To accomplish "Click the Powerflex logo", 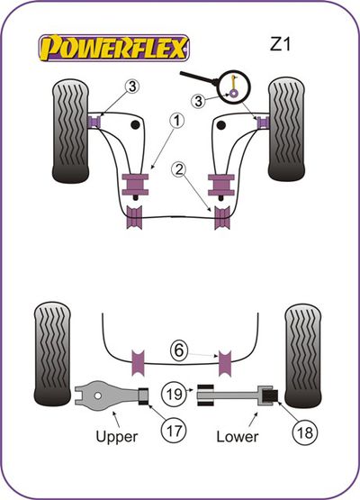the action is click(113, 48).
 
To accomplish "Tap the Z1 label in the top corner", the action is click(281, 44).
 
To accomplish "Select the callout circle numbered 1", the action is click(176, 122).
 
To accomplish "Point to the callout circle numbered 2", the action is click(179, 169).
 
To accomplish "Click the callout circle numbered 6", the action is click(179, 350).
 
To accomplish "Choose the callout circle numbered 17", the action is click(174, 432).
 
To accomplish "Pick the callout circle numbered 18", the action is click(304, 433).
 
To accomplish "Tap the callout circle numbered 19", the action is click(174, 394).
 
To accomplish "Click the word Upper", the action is click(117, 437).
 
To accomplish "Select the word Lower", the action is click(238, 436).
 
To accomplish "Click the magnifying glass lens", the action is click(236, 86).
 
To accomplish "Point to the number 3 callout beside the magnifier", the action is click(198, 102).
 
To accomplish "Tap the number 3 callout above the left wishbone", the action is click(132, 86).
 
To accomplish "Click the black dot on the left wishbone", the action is click(135, 125).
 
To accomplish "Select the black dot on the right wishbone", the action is click(221, 125).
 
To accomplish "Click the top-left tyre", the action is click(70, 131).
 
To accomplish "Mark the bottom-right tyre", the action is click(302, 355).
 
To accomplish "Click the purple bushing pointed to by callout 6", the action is click(225, 363).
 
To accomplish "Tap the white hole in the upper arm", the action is click(98, 395).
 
